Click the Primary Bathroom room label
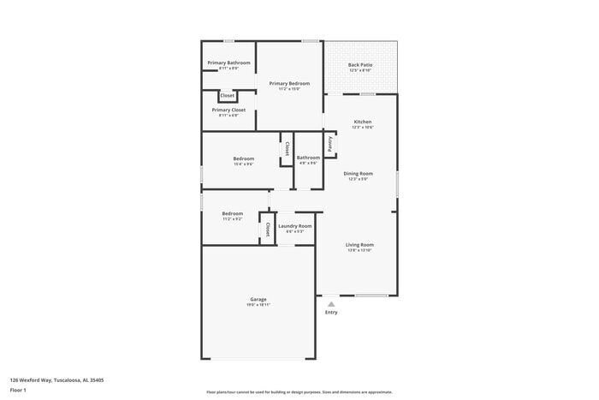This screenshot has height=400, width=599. [228, 63]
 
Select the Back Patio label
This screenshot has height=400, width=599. [360, 65]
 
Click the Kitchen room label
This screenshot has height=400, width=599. [363, 122]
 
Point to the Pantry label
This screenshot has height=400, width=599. [329, 144]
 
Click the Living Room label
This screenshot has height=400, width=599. [360, 244]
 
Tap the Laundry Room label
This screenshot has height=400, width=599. [295, 226]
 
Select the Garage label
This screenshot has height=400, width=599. [258, 299]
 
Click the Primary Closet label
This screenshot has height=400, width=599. [228, 110]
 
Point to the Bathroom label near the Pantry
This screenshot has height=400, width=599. [308, 158]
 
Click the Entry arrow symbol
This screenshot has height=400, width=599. [331, 302]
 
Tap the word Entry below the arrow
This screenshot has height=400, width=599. [331, 312]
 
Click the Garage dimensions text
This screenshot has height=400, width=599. [258, 305]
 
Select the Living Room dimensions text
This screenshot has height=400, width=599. [360, 250]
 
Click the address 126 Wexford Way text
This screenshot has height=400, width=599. [56, 379]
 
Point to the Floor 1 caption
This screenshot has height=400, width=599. [18, 390]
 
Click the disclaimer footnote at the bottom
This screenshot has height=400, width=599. [299, 391]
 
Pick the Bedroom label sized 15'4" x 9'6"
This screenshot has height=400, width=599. [244, 158]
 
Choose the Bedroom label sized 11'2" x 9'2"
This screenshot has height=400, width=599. [233, 213]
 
